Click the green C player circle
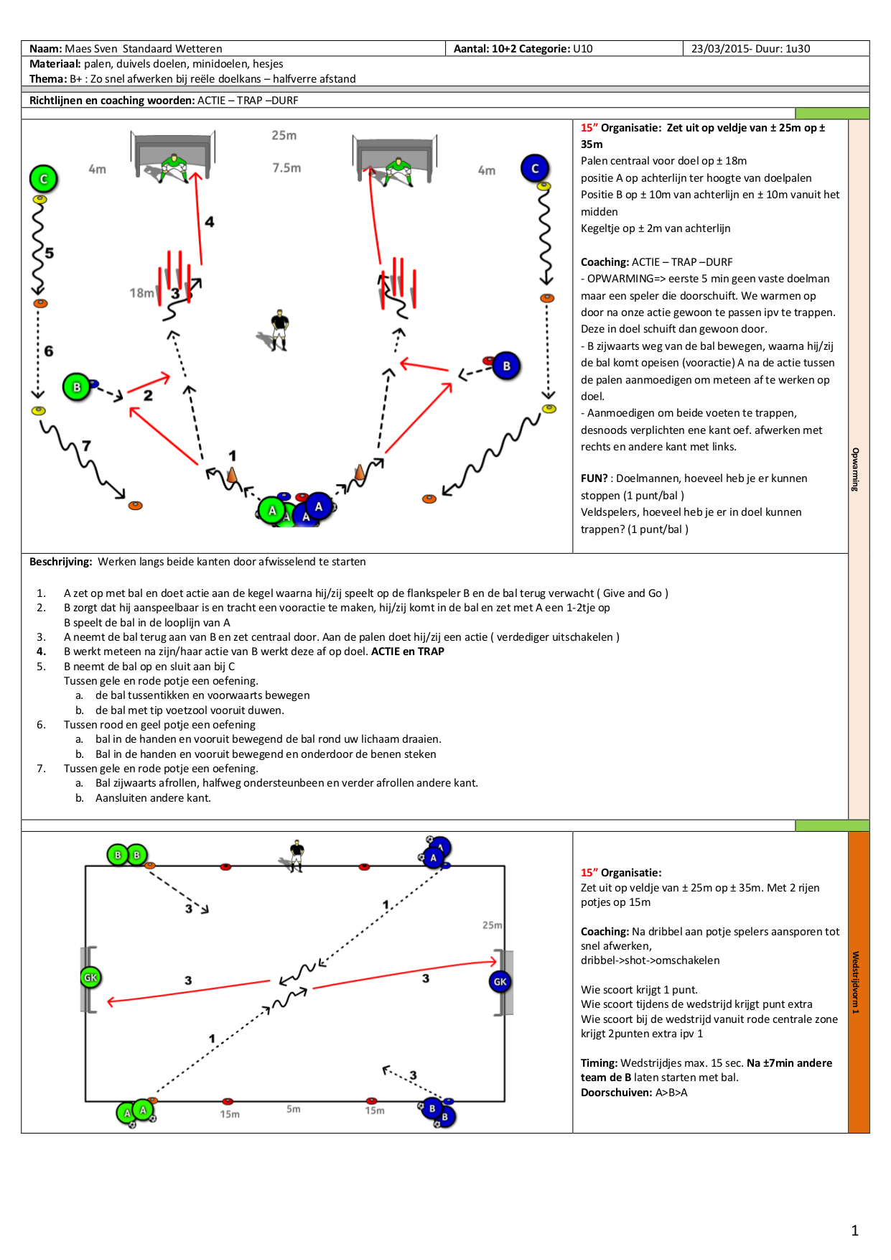tap(44, 179)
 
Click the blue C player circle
tap(535, 168)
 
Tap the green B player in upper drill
tap(76, 387)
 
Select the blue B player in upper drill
tap(506, 366)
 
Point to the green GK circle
tap(90, 977)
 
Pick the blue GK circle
tap(500, 981)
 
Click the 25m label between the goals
tap(284, 135)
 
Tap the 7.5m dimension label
tap(286, 168)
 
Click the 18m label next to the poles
tap(141, 293)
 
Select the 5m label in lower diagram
tap(294, 1109)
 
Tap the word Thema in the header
tap(47, 79)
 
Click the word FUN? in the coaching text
tap(594, 478)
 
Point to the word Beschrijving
tap(60, 562)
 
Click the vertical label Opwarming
tap(855, 469)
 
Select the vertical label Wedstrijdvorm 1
tap(855, 982)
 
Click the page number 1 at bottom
tap(854, 1231)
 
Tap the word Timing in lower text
tap(599, 1063)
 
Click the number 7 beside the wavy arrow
tap(87, 445)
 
